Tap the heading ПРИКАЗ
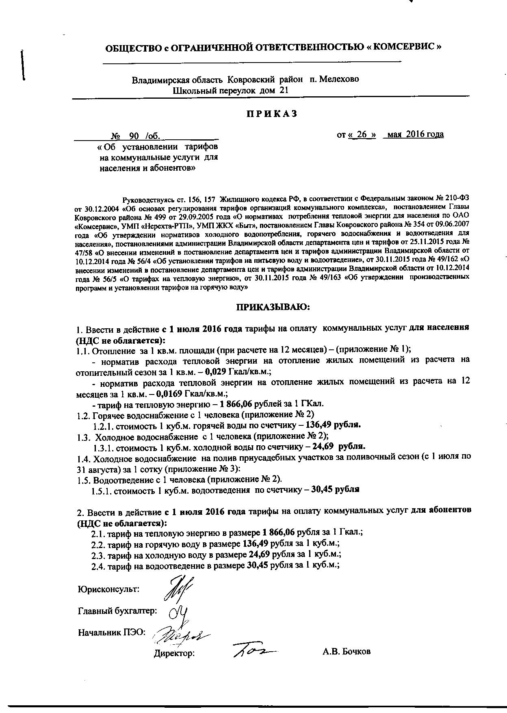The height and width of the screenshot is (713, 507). point(271,114)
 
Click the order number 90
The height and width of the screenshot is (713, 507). point(134,136)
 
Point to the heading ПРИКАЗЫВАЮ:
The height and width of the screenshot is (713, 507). point(273,307)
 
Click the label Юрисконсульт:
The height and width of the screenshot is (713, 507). point(108,589)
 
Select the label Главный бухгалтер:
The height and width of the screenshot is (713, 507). point(117,611)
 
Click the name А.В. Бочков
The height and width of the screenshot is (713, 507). point(347,652)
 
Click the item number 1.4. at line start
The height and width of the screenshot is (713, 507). point(84,459)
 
